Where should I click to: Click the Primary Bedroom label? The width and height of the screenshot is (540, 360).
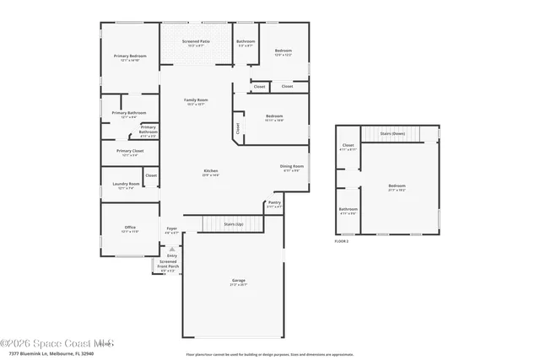coord(129,56)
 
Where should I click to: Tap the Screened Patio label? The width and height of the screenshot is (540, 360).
coord(197,40)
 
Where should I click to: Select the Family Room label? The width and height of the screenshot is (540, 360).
coord(196,100)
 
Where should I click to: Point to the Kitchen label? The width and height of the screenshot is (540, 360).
coord(210,171)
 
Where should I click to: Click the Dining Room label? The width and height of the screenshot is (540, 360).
coord(292,166)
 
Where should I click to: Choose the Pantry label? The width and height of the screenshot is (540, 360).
coord(274,202)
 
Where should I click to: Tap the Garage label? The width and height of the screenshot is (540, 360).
coord(239,280)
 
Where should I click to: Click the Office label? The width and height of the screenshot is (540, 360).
coord(129,227)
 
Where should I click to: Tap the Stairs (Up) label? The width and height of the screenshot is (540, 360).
coord(234,223)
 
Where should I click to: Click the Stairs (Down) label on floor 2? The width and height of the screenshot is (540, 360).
coord(392,133)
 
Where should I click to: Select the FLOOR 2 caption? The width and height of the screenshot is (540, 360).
coord(342,241)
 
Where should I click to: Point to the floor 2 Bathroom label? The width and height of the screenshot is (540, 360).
coord(348,209)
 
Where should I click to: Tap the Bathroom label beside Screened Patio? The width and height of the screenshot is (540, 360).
coord(246,41)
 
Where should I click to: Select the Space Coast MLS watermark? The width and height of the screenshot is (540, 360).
coord(57,342)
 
